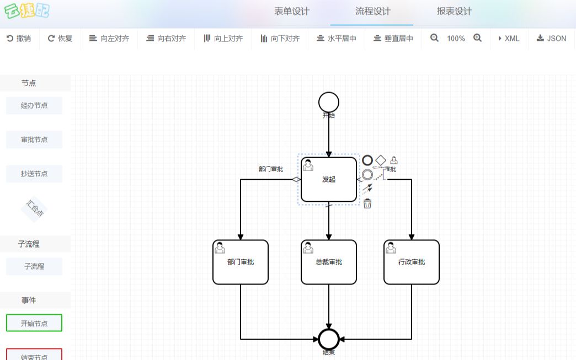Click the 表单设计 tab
click(x=292, y=12)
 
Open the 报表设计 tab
click(x=454, y=12)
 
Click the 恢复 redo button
click(x=60, y=39)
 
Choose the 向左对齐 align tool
click(x=109, y=39)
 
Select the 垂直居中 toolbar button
click(x=393, y=39)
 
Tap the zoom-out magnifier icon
click(x=435, y=38)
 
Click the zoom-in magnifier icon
click(x=477, y=38)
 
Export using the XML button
click(x=508, y=39)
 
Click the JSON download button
click(x=551, y=39)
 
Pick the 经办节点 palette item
click(x=34, y=105)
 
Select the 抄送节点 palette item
click(x=34, y=174)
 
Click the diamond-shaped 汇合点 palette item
click(x=34, y=209)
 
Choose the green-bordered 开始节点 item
click(x=34, y=323)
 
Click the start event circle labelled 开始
click(x=329, y=102)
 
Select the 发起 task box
click(x=329, y=180)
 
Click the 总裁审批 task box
click(x=329, y=262)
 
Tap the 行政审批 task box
click(x=412, y=262)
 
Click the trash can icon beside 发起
click(x=367, y=204)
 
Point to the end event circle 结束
click(x=329, y=339)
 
